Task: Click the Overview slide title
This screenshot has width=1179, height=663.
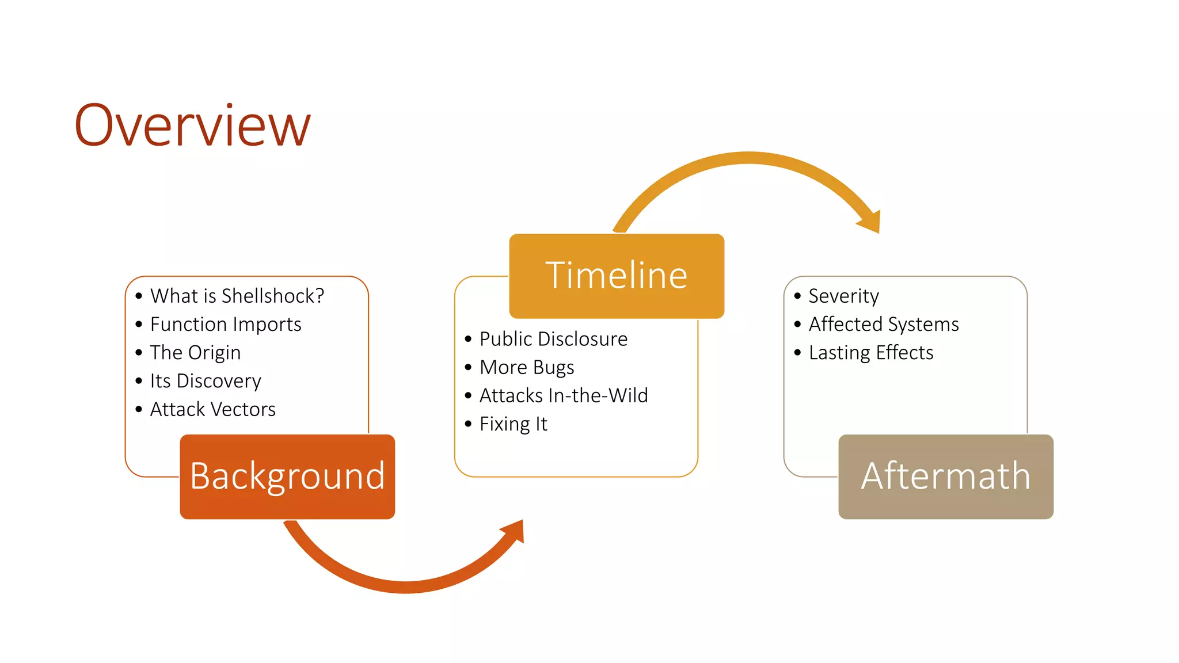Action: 192,125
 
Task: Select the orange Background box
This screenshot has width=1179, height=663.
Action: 287,477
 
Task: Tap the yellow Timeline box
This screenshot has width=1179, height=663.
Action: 617,276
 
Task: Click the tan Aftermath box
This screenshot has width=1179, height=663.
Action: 946,477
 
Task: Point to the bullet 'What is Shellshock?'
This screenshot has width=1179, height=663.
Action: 237,296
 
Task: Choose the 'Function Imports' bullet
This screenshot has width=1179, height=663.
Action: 226,325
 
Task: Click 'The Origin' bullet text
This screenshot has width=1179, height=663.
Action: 195,353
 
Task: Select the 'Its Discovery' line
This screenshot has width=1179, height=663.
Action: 206,381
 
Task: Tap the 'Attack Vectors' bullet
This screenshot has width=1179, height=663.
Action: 212,409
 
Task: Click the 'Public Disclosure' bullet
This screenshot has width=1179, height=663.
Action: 553,339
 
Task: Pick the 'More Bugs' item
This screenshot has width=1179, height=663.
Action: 527,367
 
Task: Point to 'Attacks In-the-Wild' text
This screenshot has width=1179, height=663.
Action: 564,395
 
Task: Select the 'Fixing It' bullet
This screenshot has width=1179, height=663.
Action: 513,424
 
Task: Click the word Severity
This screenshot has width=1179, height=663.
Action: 843,296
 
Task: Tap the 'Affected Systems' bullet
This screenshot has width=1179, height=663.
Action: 884,325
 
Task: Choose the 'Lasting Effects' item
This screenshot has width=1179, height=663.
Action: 871,353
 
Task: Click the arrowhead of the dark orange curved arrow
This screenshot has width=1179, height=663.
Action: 514,531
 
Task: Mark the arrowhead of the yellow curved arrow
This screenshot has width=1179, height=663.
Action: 870,222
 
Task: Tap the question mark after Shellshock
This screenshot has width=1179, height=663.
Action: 320,296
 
